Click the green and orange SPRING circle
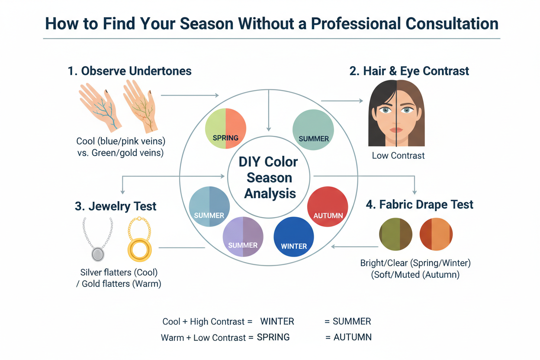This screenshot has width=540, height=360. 225,129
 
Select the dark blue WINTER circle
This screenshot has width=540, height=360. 294,237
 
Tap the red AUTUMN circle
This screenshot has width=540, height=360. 328,207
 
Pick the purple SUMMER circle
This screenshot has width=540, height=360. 243,237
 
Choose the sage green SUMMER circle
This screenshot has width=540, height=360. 313,129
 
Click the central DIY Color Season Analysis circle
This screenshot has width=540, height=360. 268,177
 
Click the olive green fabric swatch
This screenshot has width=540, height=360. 395,234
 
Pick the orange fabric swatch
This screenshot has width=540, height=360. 436,234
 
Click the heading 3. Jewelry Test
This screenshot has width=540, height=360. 116,206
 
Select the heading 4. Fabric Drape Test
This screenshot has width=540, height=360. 419,204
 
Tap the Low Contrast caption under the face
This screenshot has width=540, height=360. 398,155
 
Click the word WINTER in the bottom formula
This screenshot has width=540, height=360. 277,321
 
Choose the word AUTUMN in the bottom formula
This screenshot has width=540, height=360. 352,337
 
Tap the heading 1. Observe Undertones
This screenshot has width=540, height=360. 130,71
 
